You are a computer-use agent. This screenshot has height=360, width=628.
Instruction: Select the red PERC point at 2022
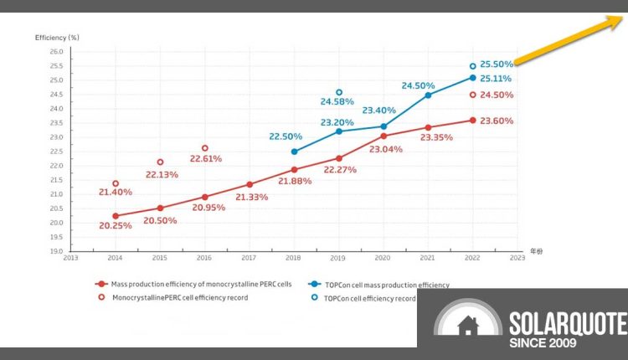click(x=472, y=121)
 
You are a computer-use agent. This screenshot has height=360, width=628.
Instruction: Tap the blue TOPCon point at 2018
click(x=294, y=152)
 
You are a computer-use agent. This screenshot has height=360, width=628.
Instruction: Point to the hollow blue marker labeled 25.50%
click(x=472, y=65)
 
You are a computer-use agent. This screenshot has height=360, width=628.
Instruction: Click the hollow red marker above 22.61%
click(x=205, y=148)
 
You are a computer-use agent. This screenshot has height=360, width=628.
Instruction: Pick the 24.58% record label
click(x=339, y=102)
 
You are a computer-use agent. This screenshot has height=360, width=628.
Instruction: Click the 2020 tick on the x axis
click(x=383, y=258)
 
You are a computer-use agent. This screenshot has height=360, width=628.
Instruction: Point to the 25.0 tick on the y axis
click(x=57, y=80)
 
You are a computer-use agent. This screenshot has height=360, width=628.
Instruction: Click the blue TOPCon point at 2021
click(x=428, y=95)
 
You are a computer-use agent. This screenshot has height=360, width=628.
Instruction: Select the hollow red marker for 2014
click(x=116, y=183)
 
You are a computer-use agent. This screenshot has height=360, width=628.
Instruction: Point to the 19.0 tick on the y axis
click(x=57, y=251)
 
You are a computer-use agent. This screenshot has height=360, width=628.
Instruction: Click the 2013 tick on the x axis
click(x=71, y=258)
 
